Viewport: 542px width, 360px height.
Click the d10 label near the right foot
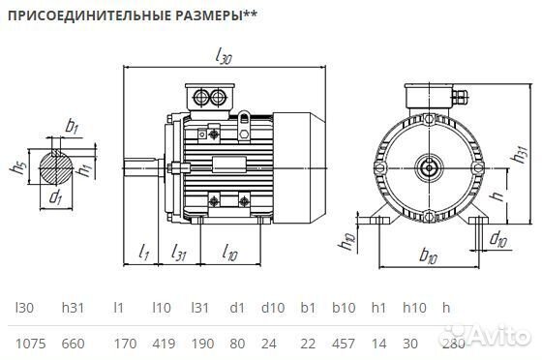(x=497, y=238)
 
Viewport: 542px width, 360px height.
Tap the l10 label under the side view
(x=230, y=255)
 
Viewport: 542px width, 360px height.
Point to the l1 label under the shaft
(x=142, y=255)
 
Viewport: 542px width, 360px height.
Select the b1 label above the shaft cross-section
(x=71, y=125)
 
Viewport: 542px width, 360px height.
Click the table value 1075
(x=26, y=344)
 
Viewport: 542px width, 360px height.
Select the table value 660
(x=74, y=344)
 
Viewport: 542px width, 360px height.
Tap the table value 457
(x=346, y=344)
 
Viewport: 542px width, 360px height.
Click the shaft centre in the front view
(x=426, y=166)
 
